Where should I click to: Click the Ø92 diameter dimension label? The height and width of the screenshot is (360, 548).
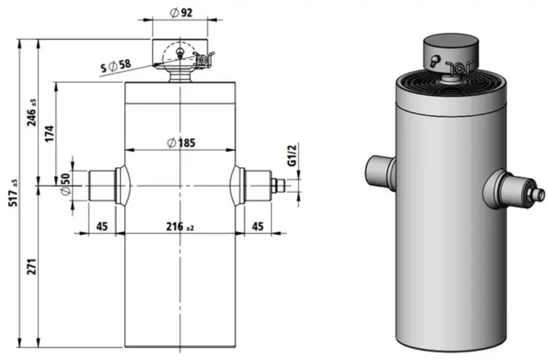181,13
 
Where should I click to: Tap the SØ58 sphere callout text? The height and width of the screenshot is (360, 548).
116,65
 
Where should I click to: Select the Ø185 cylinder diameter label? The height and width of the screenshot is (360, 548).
181,143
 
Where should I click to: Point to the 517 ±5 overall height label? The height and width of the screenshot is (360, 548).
13,193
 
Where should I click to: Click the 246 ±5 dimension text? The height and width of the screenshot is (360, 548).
31,112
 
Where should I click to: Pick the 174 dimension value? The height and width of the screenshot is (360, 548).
50,133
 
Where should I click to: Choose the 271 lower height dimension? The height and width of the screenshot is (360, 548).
32,266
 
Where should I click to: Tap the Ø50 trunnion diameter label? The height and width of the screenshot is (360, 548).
65,185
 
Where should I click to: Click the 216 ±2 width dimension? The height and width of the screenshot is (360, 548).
179,227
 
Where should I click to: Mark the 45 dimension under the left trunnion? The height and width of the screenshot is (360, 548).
102,227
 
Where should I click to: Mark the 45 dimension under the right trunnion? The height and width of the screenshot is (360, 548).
257,227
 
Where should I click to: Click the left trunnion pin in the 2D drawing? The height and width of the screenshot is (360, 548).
102,186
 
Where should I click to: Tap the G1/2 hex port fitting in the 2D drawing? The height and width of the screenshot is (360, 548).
278,186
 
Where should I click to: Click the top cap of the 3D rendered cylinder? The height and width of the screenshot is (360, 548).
451,52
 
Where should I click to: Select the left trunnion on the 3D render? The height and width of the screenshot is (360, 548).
380,172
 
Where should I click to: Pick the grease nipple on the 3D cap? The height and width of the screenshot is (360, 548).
434,62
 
